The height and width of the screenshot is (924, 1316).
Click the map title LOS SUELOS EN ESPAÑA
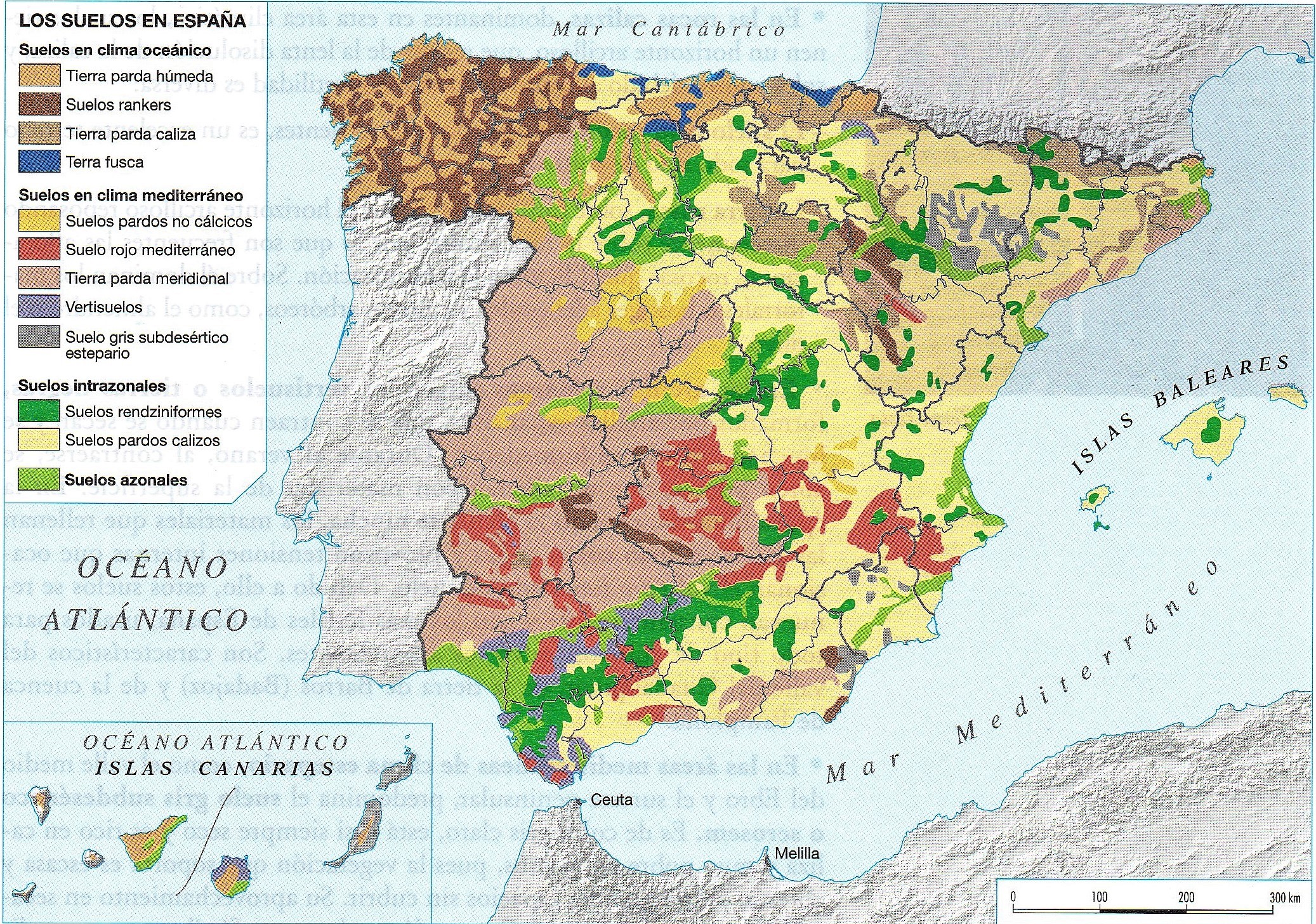(133, 20)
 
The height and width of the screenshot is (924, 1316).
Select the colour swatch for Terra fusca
(39, 162)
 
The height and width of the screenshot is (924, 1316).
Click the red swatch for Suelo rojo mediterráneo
(39, 249)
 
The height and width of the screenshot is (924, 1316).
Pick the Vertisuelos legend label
(104, 307)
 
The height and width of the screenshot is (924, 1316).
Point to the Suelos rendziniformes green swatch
(39, 411)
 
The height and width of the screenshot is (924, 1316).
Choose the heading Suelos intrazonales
(92, 385)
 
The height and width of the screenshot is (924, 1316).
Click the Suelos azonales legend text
(126, 480)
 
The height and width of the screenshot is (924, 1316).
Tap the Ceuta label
(611, 800)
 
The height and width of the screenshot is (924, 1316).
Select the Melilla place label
(796, 854)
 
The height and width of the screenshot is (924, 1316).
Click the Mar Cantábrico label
(668, 29)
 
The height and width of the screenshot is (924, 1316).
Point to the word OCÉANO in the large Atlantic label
(152, 567)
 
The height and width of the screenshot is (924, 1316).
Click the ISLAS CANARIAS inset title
(215, 769)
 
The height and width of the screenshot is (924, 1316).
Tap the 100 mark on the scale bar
(1099, 897)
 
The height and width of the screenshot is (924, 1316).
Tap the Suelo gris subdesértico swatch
(39, 336)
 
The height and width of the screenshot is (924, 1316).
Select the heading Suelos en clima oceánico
(115, 50)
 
